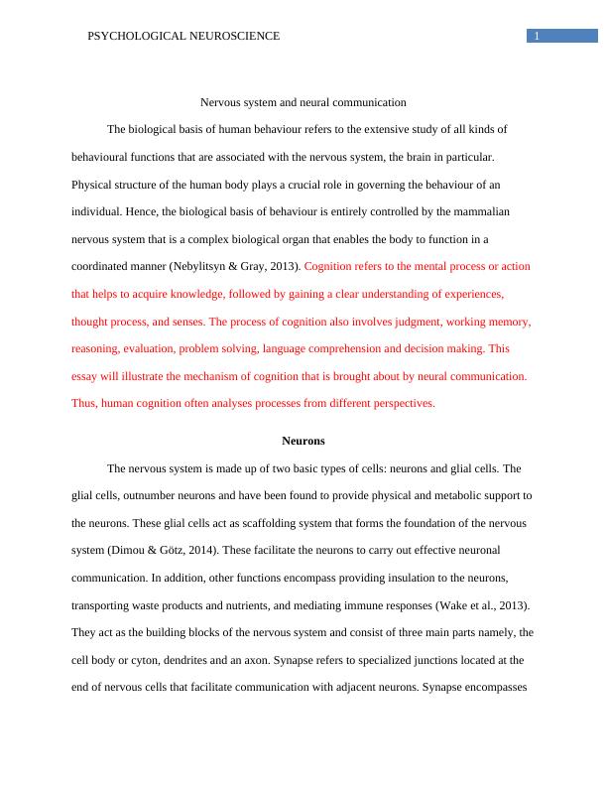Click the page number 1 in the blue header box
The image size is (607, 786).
537,37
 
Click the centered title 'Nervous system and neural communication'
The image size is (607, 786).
303,102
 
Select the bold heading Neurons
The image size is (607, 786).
303,441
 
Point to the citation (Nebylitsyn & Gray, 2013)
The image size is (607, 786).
236,267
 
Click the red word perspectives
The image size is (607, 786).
403,404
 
